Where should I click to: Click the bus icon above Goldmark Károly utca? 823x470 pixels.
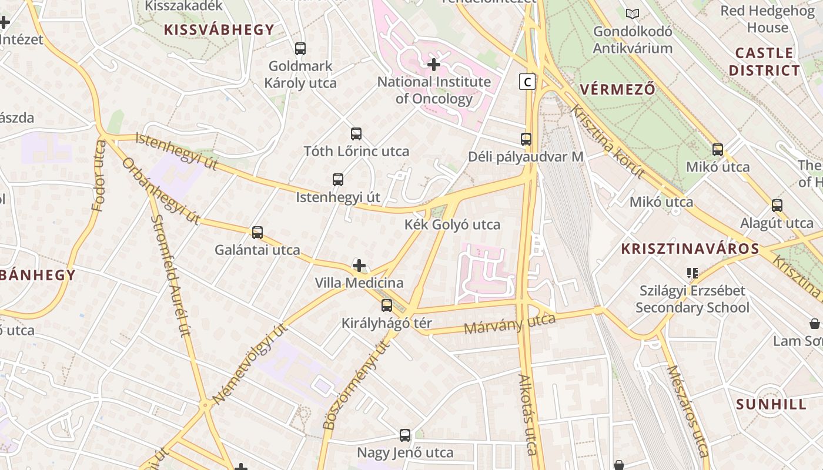[300, 49]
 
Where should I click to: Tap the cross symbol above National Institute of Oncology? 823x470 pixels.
[434, 64]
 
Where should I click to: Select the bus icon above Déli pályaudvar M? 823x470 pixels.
[526, 139]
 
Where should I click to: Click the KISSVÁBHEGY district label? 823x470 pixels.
[219, 30]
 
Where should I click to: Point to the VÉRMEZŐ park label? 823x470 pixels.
[617, 90]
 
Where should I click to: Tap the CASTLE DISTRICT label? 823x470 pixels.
[764, 62]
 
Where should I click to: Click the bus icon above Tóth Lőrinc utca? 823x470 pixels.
[356, 134]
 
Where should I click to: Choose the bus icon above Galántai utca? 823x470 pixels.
[257, 233]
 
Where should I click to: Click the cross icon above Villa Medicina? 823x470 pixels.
[359, 266]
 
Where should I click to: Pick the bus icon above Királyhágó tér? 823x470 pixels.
[387, 305]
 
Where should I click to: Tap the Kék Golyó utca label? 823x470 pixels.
[452, 224]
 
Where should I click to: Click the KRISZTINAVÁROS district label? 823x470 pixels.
[690, 249]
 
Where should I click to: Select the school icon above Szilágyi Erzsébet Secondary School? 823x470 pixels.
[692, 273]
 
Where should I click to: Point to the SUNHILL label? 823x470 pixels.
[771, 404]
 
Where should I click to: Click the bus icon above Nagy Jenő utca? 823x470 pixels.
[405, 435]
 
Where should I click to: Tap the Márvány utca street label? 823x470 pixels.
[510, 324]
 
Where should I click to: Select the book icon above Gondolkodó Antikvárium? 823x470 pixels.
[633, 14]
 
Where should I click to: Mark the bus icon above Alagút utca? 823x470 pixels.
[777, 206]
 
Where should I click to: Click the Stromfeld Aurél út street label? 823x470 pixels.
[171, 275]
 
